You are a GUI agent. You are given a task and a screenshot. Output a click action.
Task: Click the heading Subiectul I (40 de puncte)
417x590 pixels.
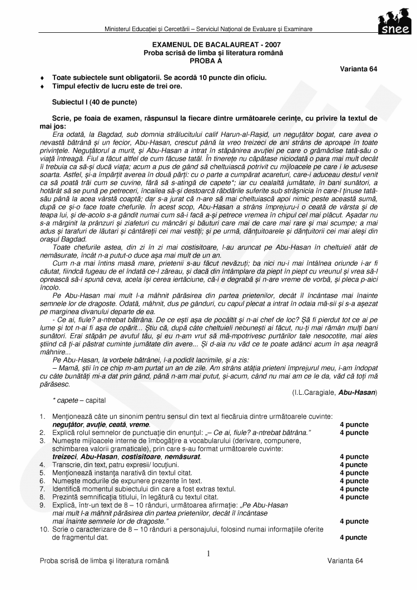click(x=94, y=102)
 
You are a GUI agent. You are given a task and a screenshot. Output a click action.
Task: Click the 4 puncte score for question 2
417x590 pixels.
click(x=354, y=433)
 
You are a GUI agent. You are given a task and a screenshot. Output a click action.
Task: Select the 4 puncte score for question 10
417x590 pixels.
click(x=354, y=538)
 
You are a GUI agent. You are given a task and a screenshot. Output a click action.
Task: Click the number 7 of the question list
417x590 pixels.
click(x=42, y=489)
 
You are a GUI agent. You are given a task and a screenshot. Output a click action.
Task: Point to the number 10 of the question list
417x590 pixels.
click(x=43, y=530)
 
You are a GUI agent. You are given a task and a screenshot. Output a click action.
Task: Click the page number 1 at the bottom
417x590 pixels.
click(x=209, y=553)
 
